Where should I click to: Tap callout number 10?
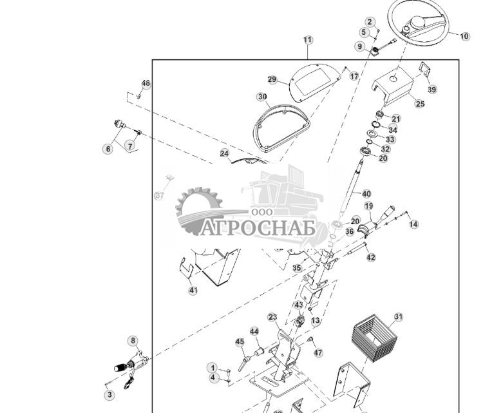465,37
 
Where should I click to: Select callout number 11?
308,40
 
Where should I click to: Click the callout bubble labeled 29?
272,80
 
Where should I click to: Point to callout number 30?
262,97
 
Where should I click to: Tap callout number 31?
399,317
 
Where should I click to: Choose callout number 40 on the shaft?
366,193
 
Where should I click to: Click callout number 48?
146,84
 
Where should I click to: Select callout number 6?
108,149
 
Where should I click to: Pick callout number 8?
133,340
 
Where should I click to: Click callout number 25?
420,104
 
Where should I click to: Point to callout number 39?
432,90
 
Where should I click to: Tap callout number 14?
413,224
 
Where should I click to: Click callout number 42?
370,258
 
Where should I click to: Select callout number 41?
193,291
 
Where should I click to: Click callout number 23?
273,317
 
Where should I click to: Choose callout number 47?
318,353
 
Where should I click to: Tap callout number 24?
224,153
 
